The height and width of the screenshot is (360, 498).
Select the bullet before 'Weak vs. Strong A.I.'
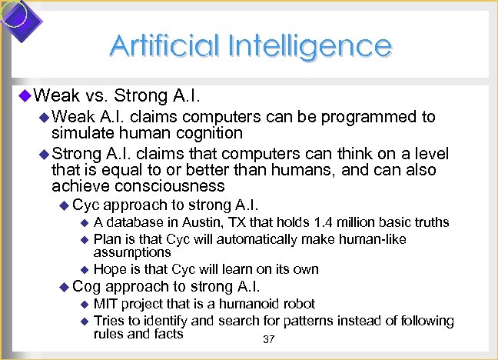pyautogui.click(x=23, y=96)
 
